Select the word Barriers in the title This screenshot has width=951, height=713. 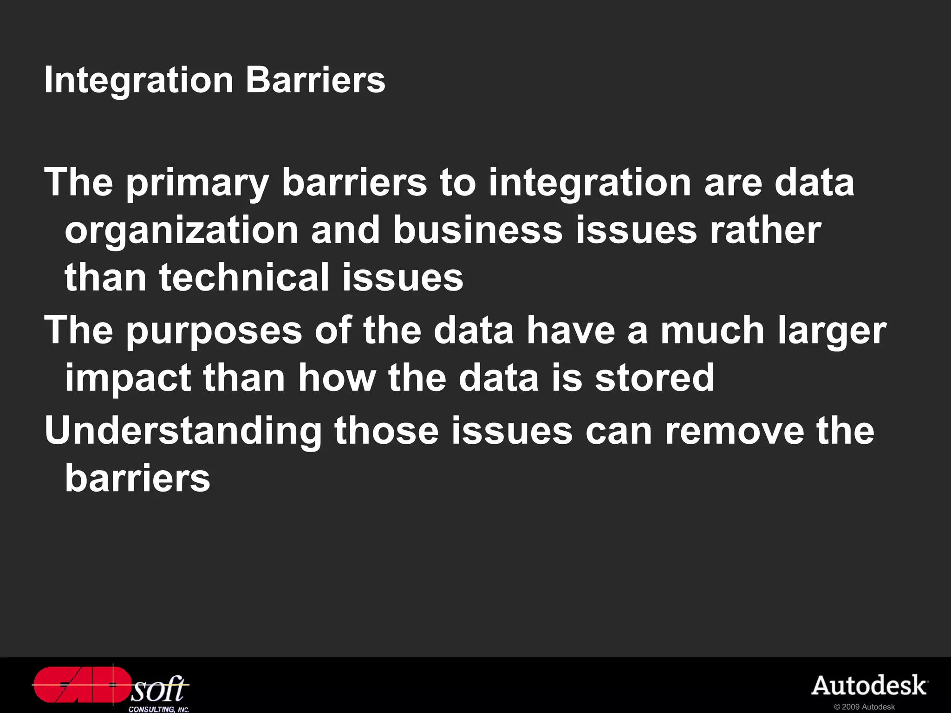(315, 80)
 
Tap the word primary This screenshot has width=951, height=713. (197, 184)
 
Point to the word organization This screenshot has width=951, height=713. (182, 231)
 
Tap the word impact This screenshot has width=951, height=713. (128, 379)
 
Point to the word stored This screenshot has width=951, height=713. (655, 378)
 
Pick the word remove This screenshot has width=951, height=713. (735, 431)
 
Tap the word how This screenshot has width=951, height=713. (337, 378)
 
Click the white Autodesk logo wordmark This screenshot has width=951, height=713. (869, 686)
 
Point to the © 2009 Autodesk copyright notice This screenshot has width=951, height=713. (864, 707)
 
